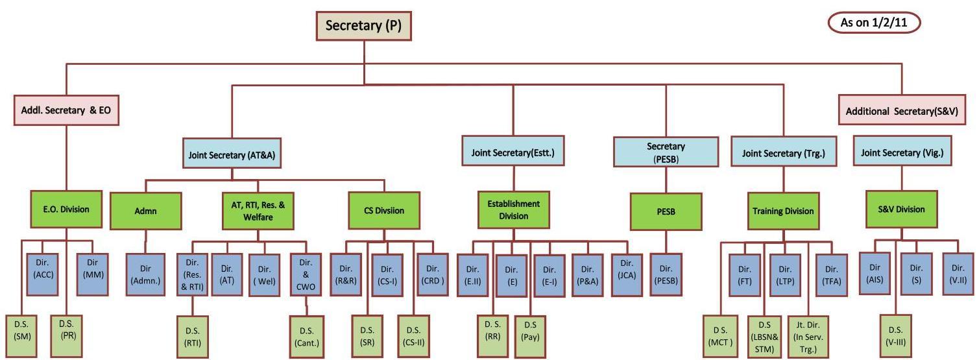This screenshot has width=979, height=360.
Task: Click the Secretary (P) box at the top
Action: (364, 26)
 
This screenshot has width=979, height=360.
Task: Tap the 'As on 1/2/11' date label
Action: (873, 23)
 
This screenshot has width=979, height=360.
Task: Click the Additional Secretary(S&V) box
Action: (902, 110)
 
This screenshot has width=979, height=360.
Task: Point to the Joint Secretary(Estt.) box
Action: (513, 153)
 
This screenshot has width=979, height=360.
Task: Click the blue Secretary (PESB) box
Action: (665, 153)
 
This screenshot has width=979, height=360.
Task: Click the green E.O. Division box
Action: (67, 210)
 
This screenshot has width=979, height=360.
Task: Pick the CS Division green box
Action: (385, 210)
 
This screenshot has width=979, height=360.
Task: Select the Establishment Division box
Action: (513, 210)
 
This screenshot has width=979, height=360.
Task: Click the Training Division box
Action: (782, 211)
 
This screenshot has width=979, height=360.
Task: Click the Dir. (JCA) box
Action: (627, 274)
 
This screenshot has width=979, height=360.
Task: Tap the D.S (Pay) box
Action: (530, 336)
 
